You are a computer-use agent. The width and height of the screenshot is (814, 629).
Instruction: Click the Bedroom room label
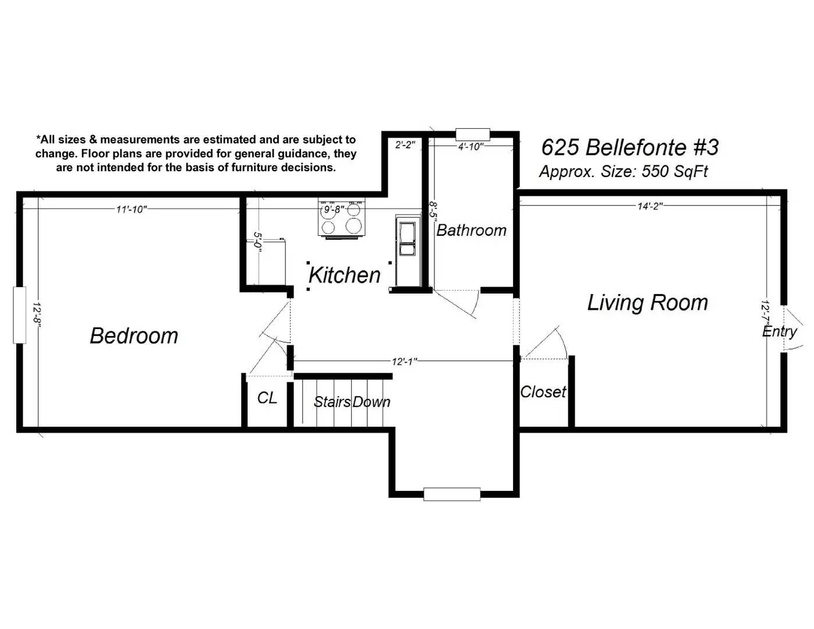(x=134, y=335)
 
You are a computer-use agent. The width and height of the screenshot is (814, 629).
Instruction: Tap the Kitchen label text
(x=344, y=275)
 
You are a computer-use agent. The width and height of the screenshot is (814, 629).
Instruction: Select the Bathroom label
(x=471, y=230)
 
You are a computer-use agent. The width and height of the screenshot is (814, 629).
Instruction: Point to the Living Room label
(x=647, y=302)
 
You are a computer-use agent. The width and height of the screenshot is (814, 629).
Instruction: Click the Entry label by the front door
(x=779, y=331)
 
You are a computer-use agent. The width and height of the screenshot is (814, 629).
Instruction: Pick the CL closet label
(x=267, y=398)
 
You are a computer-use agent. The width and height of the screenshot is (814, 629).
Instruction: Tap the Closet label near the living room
(x=543, y=392)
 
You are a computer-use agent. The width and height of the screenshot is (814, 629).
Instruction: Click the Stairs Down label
(x=352, y=402)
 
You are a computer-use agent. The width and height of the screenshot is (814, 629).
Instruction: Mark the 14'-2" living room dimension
(x=650, y=206)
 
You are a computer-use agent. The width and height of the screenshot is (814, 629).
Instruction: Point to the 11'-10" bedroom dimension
(x=132, y=209)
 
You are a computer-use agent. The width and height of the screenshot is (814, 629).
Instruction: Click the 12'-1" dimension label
(x=404, y=362)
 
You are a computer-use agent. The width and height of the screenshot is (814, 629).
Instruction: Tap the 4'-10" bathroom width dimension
(x=471, y=147)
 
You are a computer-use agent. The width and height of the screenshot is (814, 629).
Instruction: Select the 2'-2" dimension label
(x=405, y=144)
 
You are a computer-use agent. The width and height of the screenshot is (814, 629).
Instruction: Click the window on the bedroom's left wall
(x=19, y=315)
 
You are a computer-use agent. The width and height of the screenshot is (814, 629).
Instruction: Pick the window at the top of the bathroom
(x=473, y=134)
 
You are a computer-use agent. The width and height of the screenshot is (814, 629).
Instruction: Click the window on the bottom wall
(x=452, y=494)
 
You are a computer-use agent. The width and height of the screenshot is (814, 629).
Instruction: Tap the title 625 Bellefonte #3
(x=630, y=147)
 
